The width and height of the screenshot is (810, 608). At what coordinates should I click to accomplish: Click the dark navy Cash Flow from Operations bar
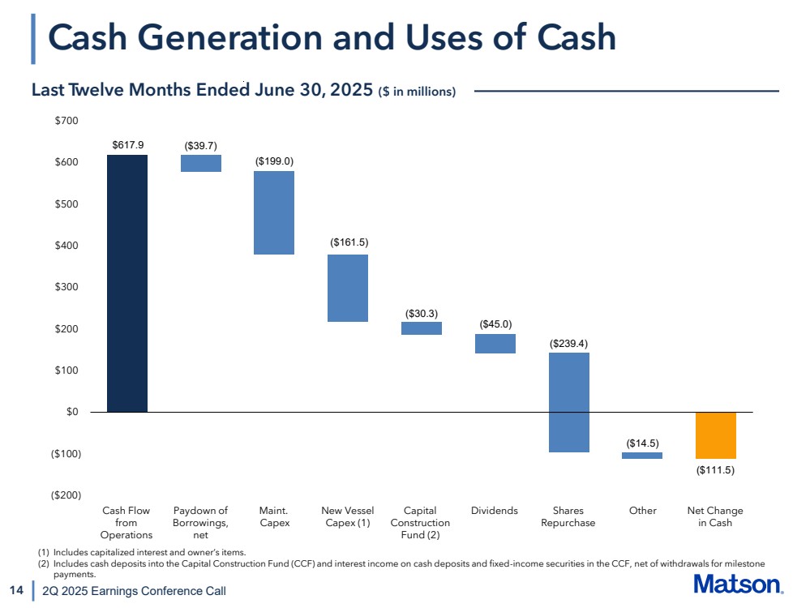click(127, 283)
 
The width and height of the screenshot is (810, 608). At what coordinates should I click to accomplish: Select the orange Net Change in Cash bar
click(715, 435)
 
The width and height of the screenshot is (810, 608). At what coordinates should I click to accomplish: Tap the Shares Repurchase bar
click(568, 402)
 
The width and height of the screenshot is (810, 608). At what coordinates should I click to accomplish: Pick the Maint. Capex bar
click(274, 212)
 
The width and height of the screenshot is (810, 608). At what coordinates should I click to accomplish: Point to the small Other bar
click(642, 456)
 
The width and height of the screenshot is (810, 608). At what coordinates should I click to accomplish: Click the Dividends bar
click(495, 344)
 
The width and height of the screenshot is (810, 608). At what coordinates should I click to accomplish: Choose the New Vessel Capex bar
click(348, 288)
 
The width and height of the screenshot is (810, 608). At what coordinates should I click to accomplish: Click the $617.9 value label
click(127, 144)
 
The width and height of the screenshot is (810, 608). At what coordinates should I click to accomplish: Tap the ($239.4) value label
click(568, 343)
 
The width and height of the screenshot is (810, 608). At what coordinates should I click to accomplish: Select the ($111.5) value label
click(715, 469)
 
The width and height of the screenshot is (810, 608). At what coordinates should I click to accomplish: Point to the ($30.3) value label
click(422, 312)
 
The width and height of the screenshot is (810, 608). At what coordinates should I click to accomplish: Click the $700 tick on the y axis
click(66, 121)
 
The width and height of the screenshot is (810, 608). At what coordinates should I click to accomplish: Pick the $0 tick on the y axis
click(72, 412)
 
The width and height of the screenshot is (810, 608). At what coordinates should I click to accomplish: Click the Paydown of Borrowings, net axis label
click(201, 523)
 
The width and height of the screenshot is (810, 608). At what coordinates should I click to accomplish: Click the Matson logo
click(739, 585)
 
